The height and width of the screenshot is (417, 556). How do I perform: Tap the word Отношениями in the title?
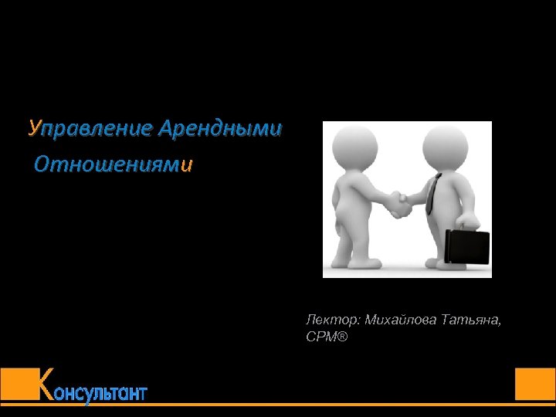tap(113, 164)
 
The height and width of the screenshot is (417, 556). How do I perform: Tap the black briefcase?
tap(468, 246)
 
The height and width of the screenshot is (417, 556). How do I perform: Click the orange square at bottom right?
tap(535, 384)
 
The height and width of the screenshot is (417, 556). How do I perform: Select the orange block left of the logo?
tap(19, 384)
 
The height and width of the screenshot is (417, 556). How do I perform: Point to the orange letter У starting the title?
tap(32, 128)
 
